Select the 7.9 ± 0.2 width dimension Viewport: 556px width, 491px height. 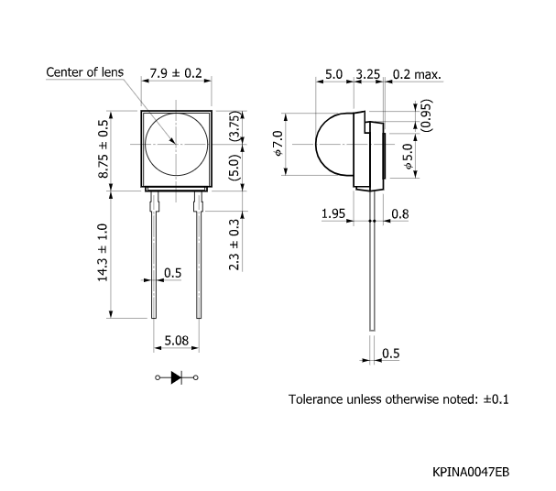click(x=175, y=72)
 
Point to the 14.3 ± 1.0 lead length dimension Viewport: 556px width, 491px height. click(x=104, y=255)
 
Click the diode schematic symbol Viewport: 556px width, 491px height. click(x=176, y=377)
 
